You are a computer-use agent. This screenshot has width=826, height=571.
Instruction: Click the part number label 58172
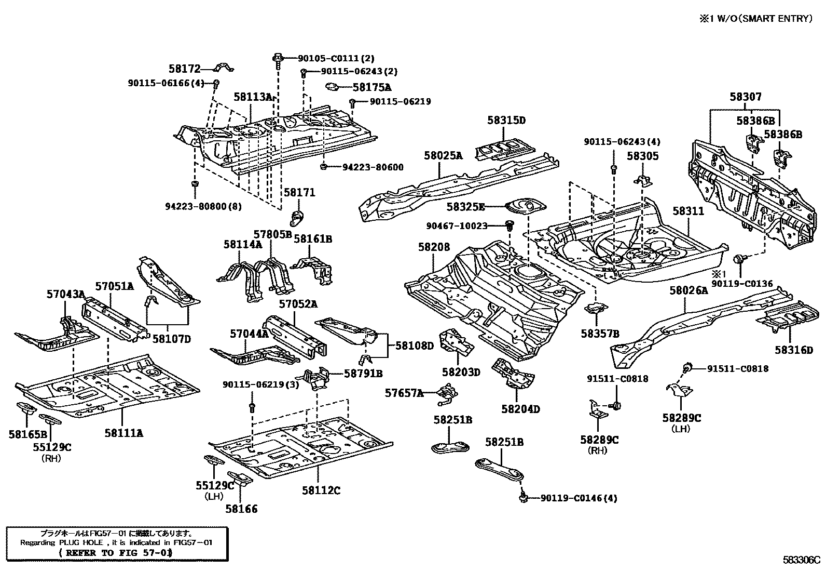pos(184,69)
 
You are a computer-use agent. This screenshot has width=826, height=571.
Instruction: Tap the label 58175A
pos(372,88)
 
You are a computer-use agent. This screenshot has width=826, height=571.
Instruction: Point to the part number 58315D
pos(506,121)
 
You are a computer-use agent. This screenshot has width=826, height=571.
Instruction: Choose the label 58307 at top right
pos(746,97)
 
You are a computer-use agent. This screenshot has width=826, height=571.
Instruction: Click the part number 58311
pos(689,211)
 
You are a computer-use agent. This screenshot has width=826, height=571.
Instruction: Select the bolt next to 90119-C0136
pos(738,259)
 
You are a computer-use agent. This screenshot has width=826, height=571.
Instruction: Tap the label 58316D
pos(794,350)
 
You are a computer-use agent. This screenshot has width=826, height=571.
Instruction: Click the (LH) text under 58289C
pos(680,429)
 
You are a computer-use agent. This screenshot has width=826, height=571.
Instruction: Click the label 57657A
pos(404,393)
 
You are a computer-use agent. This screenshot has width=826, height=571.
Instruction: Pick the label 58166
pos(241,509)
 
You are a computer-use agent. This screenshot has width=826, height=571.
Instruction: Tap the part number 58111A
pos(123,433)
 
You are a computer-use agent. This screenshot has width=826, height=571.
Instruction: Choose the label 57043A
pos(65,294)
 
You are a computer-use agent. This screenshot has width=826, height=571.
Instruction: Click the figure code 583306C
pos(802,560)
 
